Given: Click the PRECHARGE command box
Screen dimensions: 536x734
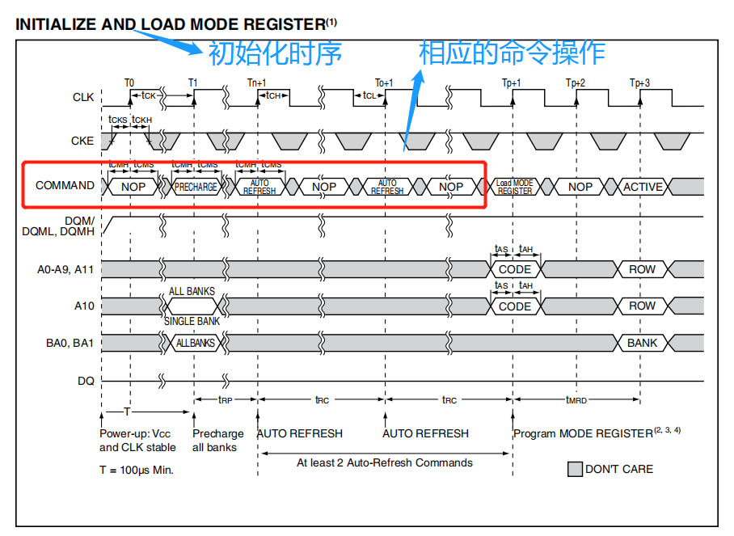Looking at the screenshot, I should click(196, 187).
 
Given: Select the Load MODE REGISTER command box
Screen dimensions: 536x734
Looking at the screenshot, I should click(515, 187).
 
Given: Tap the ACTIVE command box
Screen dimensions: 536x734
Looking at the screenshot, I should click(643, 187).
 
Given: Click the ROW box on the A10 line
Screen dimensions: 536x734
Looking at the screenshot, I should click(643, 306).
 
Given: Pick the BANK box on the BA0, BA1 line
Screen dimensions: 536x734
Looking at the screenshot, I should click(643, 343).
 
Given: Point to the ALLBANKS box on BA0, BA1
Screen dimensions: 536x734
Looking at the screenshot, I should click(196, 343).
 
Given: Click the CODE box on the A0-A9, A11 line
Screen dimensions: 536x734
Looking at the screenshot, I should click(515, 269).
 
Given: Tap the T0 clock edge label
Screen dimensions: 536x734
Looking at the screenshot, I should click(129, 82).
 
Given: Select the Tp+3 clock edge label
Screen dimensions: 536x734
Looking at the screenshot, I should click(639, 82).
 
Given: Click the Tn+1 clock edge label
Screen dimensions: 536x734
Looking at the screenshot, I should click(256, 82).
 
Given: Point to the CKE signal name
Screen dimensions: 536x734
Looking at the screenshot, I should click(82, 141).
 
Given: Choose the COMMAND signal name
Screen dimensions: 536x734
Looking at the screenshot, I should click(65, 185).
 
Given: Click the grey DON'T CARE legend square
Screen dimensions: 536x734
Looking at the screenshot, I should click(575, 469).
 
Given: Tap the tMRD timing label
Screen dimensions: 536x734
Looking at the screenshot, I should click(576, 399).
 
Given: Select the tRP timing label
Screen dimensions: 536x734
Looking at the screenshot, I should click(226, 399).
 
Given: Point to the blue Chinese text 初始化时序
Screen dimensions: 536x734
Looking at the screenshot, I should click(275, 53).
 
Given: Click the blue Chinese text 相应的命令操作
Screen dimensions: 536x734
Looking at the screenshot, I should click(512, 53).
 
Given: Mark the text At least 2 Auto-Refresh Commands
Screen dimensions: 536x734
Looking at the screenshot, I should click(385, 462).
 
